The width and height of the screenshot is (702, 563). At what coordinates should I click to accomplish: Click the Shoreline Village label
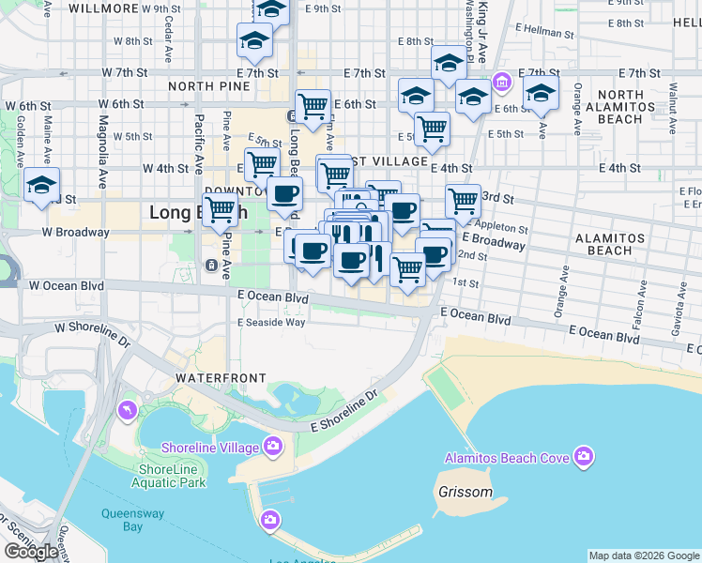click(209, 448)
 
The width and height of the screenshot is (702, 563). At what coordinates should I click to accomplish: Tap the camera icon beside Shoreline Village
click(273, 446)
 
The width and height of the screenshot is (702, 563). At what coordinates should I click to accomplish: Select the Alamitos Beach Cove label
click(507, 458)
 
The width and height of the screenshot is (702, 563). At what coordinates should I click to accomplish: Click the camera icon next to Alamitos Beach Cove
click(584, 457)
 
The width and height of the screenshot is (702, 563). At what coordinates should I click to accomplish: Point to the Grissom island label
click(465, 492)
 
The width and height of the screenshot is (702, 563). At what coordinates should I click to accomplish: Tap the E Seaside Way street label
click(271, 322)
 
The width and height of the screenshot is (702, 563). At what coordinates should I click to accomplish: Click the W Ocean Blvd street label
click(64, 285)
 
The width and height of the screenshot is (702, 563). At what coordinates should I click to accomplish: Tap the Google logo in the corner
click(31, 552)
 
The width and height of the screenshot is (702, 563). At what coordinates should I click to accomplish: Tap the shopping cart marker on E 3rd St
click(463, 200)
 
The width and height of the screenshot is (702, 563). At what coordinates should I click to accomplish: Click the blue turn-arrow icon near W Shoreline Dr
click(127, 410)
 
